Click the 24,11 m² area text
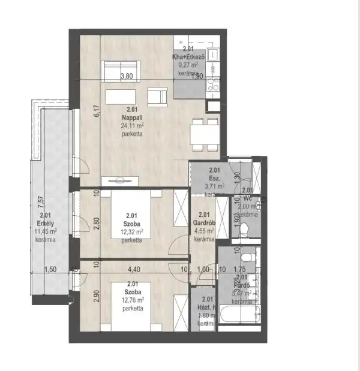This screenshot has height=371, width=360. [131, 126]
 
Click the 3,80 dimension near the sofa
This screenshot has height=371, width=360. [127, 76]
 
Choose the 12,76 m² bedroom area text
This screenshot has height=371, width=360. [131, 301]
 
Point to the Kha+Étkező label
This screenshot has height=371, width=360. [189, 56]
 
